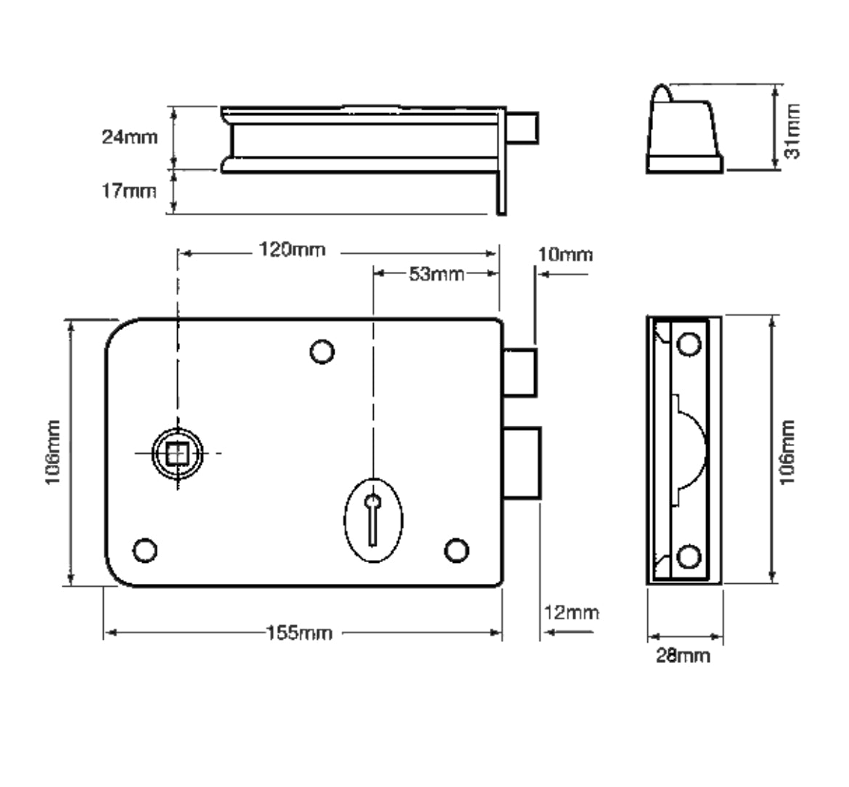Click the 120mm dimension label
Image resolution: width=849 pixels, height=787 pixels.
[x=293, y=251]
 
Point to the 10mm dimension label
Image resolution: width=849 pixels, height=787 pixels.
[x=565, y=255]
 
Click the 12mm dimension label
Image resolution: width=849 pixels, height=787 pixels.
[x=571, y=613]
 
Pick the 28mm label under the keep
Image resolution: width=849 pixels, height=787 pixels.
[x=684, y=656]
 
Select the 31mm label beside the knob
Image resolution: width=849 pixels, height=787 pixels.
[x=793, y=131]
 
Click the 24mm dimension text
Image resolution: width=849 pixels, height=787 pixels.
[x=129, y=137]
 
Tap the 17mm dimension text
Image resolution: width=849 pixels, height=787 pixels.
[x=129, y=191]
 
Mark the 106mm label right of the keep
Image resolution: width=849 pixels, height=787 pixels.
[x=789, y=451]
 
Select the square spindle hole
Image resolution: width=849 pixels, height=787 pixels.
[x=176, y=453]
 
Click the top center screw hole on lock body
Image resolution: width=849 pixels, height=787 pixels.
[x=321, y=352]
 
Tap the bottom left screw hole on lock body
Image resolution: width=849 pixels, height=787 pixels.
[x=145, y=549]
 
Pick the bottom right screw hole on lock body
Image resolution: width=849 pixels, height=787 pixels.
[x=456, y=551]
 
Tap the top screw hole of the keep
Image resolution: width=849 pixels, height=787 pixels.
[x=689, y=342]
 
